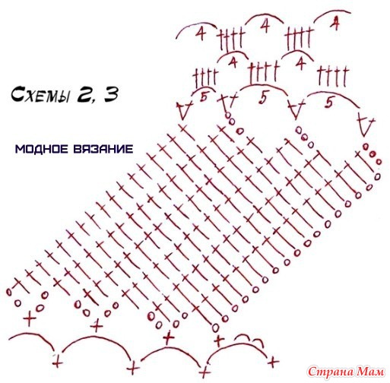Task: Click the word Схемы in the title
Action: [x=40, y=94]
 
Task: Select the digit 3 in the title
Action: [x=111, y=94]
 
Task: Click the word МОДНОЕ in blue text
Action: [x=42, y=149]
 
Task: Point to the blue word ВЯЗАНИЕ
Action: [x=103, y=149]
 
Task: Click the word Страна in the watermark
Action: [x=331, y=372]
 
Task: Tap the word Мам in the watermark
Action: [x=370, y=372]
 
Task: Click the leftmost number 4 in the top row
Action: [x=201, y=33]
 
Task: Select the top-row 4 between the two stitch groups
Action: [x=265, y=26]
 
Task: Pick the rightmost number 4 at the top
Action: [x=335, y=24]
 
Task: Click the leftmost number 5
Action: [x=204, y=97]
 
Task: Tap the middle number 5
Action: [x=263, y=98]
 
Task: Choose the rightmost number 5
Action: [x=329, y=102]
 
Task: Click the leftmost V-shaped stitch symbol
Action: [x=185, y=109]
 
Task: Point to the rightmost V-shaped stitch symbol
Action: [x=366, y=126]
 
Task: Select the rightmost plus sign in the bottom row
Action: [x=273, y=362]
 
